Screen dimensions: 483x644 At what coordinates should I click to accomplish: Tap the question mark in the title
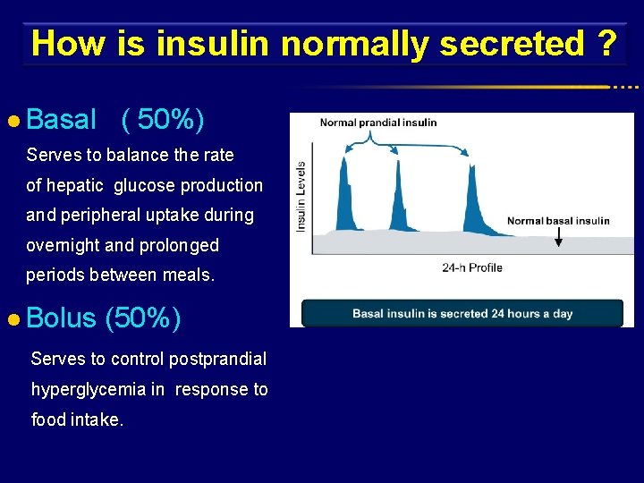pyautogui.click(x=607, y=43)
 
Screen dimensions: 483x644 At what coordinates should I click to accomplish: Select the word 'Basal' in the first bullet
pyautogui.click(x=61, y=119)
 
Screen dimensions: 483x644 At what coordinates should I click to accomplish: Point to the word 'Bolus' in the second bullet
pyautogui.click(x=61, y=318)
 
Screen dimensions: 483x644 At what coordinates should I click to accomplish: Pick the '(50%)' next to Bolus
pyautogui.click(x=143, y=318)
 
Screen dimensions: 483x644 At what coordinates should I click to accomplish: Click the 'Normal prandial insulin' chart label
pyautogui.click(x=378, y=123)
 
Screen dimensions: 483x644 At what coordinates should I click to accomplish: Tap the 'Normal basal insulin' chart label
pyautogui.click(x=558, y=221)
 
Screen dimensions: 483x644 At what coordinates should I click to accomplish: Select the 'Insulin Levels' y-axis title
pyautogui.click(x=301, y=196)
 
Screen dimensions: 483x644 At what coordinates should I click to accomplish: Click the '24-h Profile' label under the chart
pyautogui.click(x=472, y=267)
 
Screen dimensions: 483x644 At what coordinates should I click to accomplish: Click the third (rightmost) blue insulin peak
pyautogui.click(x=468, y=192)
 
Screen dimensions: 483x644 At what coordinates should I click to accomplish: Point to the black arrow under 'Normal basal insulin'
pyautogui.click(x=558, y=237)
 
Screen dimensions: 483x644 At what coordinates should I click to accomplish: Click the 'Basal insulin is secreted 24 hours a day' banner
pyautogui.click(x=462, y=314)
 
